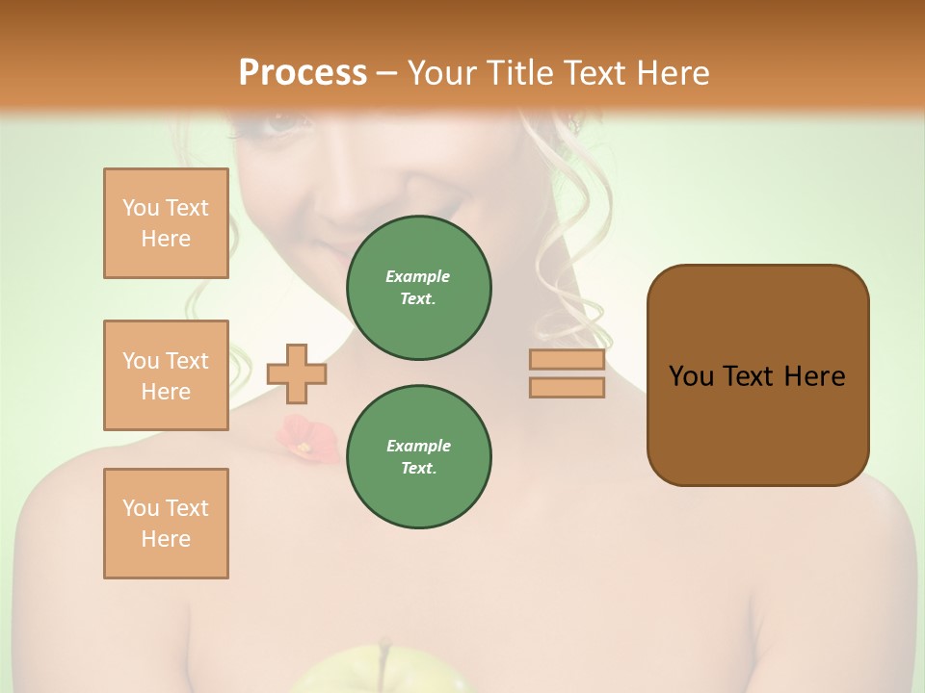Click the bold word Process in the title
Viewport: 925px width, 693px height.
click(303, 72)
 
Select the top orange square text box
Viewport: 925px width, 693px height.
click(166, 223)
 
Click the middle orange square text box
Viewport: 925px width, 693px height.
click(166, 375)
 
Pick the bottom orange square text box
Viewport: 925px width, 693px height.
click(166, 524)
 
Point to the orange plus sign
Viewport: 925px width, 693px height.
click(297, 373)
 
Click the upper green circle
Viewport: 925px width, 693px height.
click(418, 287)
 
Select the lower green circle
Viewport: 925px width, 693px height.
click(418, 456)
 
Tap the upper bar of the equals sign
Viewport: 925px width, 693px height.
click(567, 360)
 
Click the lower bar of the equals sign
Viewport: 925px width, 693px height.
click(567, 388)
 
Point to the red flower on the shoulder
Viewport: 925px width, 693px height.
click(305, 437)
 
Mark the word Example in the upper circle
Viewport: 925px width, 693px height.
click(418, 276)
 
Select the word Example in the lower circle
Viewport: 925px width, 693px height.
click(418, 446)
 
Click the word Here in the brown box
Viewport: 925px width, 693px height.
click(814, 376)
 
